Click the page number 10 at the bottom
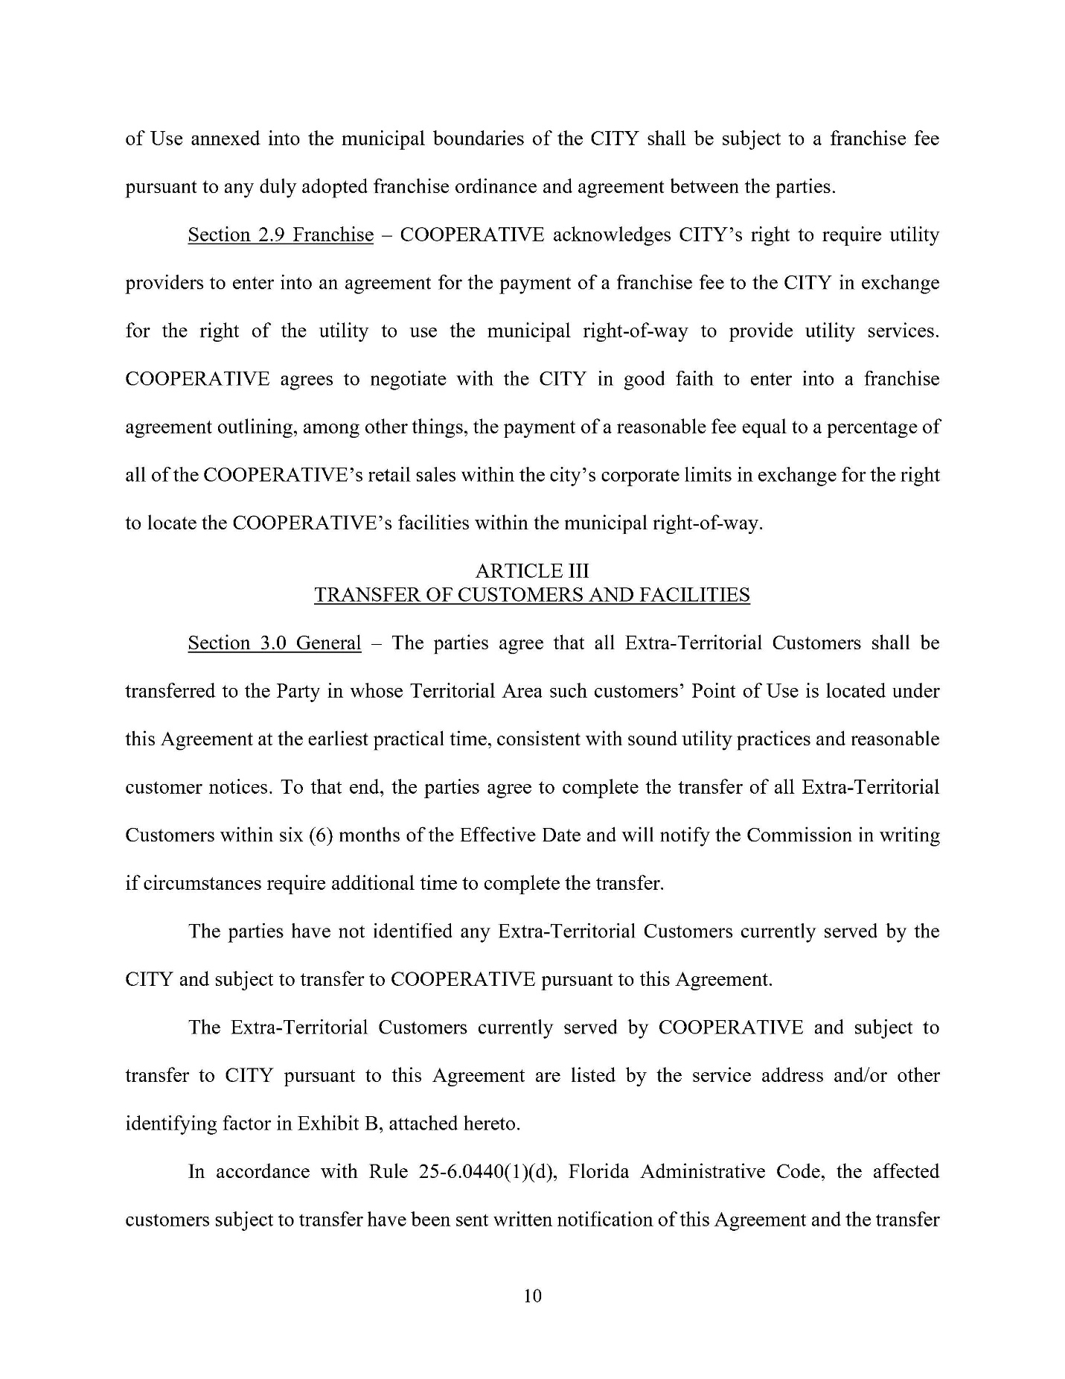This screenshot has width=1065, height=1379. coord(533,1296)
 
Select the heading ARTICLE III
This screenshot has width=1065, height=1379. coord(532,571)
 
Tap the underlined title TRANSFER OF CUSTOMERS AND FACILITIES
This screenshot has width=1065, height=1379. coord(532,596)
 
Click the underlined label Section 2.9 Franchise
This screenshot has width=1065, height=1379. coord(281,235)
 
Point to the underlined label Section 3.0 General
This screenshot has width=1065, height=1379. coord(274,643)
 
